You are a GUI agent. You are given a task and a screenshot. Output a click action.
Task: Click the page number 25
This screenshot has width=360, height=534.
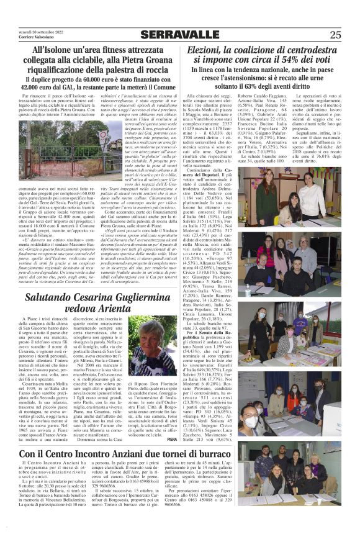[x=335, y=35]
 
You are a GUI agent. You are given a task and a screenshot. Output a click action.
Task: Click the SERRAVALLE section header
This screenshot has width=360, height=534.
[x=179, y=35]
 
